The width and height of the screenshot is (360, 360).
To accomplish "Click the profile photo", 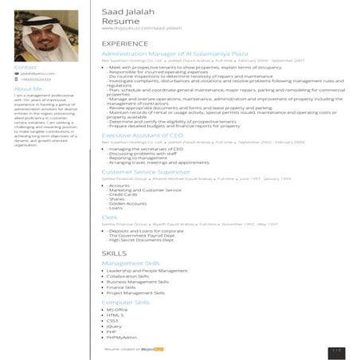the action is coord(45,36).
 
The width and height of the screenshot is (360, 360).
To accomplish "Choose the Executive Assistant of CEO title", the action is coord(143,135).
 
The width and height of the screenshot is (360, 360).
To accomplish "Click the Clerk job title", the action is coord(110,217).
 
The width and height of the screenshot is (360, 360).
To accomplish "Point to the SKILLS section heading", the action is coord(114,253).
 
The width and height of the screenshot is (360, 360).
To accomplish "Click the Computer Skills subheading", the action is coord(126,303).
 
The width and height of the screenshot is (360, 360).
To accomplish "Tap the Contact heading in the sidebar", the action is coord(26,68).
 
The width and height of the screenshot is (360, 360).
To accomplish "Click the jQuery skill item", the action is coord(115,326).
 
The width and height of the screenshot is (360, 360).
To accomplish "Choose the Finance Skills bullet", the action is coord(127,287).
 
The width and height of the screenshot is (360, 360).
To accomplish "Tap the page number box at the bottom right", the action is coord(337,350).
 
